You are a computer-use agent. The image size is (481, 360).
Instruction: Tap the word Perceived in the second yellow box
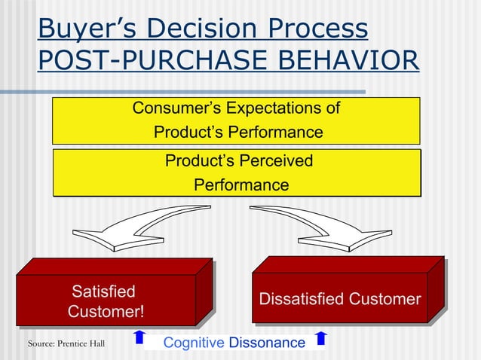(x=274, y=160)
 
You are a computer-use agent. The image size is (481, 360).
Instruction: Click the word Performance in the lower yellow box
(x=241, y=185)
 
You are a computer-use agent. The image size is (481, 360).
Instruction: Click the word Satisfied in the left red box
(x=103, y=291)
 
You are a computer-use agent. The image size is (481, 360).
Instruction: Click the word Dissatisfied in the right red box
(x=301, y=299)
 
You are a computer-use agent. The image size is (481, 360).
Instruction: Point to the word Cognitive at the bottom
(x=194, y=343)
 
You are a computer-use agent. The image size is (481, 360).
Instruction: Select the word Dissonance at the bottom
(x=267, y=343)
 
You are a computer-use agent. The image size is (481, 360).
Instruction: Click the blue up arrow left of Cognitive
(x=138, y=337)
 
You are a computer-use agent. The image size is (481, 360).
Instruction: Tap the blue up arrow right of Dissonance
(x=320, y=337)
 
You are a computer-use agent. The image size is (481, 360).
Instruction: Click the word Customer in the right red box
(x=384, y=299)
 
